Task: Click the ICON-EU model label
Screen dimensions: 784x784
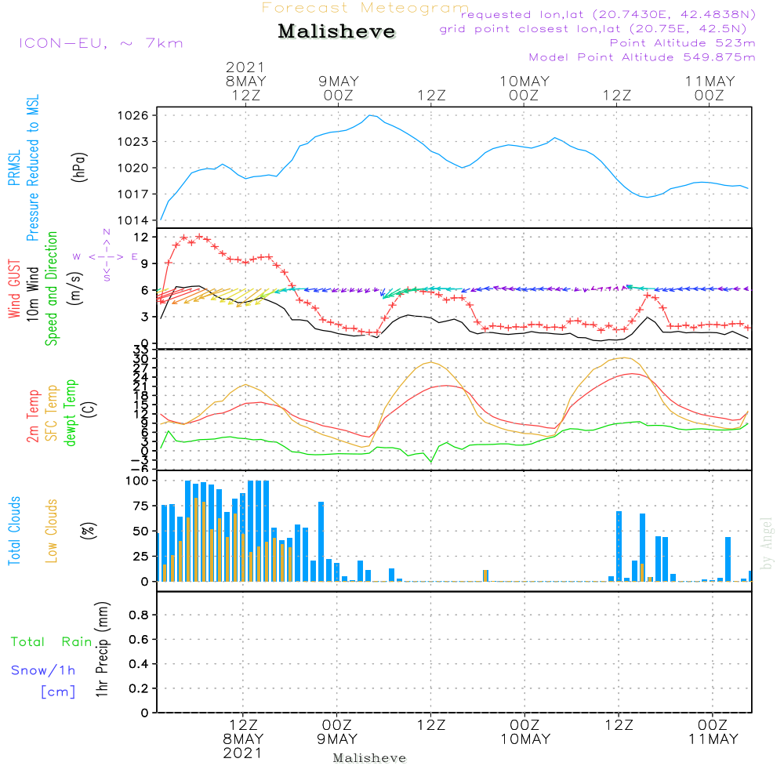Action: click(x=100, y=42)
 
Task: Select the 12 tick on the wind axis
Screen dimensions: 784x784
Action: click(x=141, y=237)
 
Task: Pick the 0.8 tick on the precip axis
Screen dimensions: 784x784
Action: click(x=138, y=615)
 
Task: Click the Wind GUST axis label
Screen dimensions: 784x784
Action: click(x=15, y=291)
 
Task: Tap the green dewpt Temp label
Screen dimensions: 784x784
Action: click(x=71, y=413)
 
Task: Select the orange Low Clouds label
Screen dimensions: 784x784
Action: click(x=53, y=531)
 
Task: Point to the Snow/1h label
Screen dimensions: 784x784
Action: click(x=44, y=670)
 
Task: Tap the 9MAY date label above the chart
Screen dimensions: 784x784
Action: click(x=339, y=82)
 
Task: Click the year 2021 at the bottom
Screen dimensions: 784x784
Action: click(x=243, y=753)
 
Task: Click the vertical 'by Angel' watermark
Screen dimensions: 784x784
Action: click(x=767, y=543)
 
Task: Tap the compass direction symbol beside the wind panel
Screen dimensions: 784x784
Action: click(x=106, y=256)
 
